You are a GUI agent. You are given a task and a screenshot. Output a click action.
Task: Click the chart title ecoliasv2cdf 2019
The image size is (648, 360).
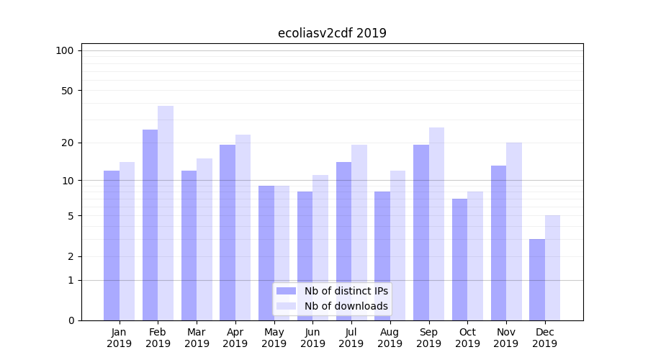pos(332,33)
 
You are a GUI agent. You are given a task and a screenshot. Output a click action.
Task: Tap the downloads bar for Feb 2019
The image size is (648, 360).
pos(166,213)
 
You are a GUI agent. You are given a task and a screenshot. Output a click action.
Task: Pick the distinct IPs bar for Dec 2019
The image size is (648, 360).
pos(537,279)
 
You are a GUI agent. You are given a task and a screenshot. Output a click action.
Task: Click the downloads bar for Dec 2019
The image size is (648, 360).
pos(552,268)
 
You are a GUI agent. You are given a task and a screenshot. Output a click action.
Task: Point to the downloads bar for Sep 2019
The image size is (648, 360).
pos(436,224)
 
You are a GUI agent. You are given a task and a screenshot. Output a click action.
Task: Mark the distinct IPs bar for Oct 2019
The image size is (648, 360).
pos(459,259)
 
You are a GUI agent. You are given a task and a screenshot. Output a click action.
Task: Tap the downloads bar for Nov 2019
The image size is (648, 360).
pos(514,231)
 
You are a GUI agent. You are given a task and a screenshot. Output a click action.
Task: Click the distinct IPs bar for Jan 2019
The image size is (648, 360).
pos(112,246)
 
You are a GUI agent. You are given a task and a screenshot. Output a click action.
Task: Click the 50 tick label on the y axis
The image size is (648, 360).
pos(67,91)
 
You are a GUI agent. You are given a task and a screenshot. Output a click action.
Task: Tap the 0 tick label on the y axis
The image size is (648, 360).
pos(71,320)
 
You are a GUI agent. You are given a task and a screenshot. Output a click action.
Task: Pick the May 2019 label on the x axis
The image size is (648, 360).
pos(274,338)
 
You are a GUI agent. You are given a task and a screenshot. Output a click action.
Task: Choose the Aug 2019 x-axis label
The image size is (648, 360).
pos(390,338)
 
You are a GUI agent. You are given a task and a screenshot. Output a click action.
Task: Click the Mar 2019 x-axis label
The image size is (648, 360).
pos(197,338)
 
